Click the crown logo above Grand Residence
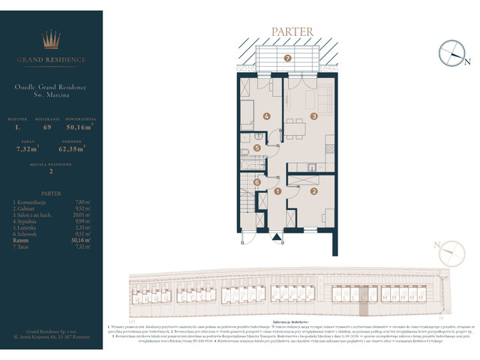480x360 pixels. click(x=51, y=39)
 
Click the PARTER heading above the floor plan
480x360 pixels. click(x=288, y=31)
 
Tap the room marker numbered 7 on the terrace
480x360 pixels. click(x=287, y=58)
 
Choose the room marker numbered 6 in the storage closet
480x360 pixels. click(x=256, y=182)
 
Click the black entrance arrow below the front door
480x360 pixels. click(x=277, y=239)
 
